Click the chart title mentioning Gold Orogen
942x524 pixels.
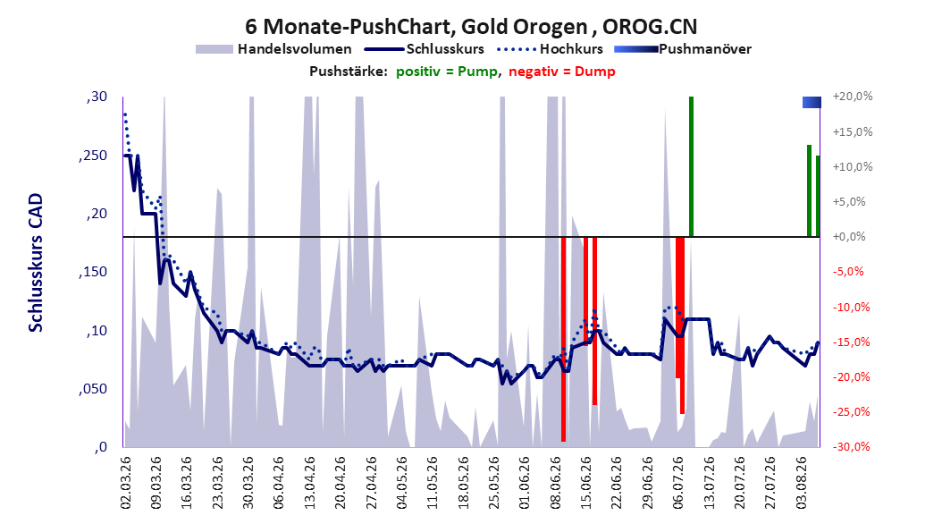[470, 27]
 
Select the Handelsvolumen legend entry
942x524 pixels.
[273, 49]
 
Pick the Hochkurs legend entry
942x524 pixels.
[550, 49]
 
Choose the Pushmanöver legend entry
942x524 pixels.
[683, 49]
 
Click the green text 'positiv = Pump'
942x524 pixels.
[446, 72]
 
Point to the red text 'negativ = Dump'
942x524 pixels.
[562, 72]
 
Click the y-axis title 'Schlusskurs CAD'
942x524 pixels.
[36, 263]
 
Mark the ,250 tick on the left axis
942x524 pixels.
[93, 156]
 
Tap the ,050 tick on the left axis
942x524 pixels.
[93, 389]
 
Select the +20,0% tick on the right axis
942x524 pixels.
[853, 97]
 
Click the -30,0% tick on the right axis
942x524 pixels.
[851, 446]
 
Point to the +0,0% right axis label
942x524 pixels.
[849, 237]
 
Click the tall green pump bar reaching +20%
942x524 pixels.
[692, 166]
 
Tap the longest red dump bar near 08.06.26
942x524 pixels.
[564, 340]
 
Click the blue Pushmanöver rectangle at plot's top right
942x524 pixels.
[812, 103]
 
